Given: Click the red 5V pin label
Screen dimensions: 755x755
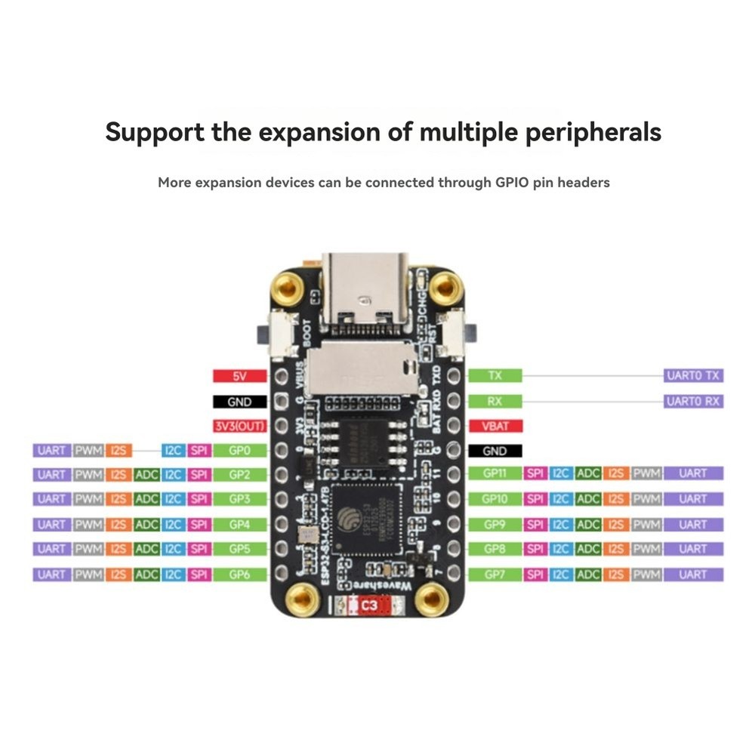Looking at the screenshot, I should (x=239, y=376).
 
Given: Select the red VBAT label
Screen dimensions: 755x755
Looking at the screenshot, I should (x=495, y=426).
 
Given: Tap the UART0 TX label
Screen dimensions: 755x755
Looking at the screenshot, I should (x=693, y=376).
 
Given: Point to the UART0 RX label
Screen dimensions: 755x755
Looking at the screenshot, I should (x=693, y=401).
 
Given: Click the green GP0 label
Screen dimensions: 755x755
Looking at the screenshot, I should (x=239, y=451).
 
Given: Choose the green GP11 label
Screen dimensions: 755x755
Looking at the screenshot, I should (x=495, y=473).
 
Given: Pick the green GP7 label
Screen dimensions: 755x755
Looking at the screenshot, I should (x=495, y=575).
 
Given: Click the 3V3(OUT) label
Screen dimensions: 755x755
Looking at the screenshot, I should (x=239, y=426).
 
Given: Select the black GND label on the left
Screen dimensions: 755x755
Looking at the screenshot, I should (x=239, y=402).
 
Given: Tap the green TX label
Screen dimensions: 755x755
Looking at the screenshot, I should (x=495, y=376).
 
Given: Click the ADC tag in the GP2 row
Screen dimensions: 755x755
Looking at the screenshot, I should (x=146, y=475).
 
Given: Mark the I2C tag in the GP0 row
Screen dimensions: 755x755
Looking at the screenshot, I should (x=173, y=451).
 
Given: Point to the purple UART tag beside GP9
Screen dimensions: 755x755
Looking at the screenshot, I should (x=692, y=524).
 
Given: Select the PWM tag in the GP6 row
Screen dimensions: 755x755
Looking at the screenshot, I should (x=89, y=575).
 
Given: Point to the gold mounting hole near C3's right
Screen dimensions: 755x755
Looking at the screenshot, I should (x=432, y=600).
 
